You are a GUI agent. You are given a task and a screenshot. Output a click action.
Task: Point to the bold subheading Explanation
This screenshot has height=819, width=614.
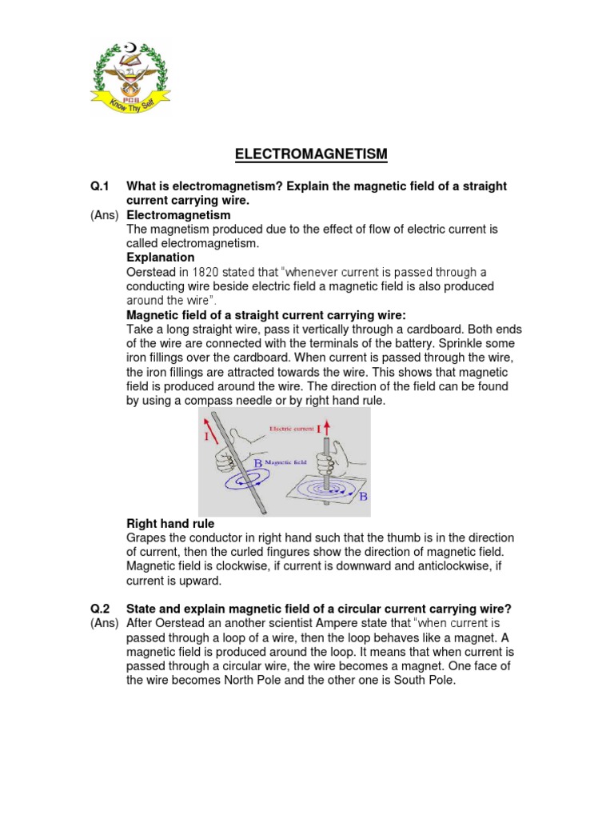tap(161, 258)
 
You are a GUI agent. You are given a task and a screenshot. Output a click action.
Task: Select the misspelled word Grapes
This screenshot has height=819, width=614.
tap(148, 537)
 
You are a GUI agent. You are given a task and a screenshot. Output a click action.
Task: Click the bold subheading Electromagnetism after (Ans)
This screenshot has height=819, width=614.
tap(178, 215)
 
